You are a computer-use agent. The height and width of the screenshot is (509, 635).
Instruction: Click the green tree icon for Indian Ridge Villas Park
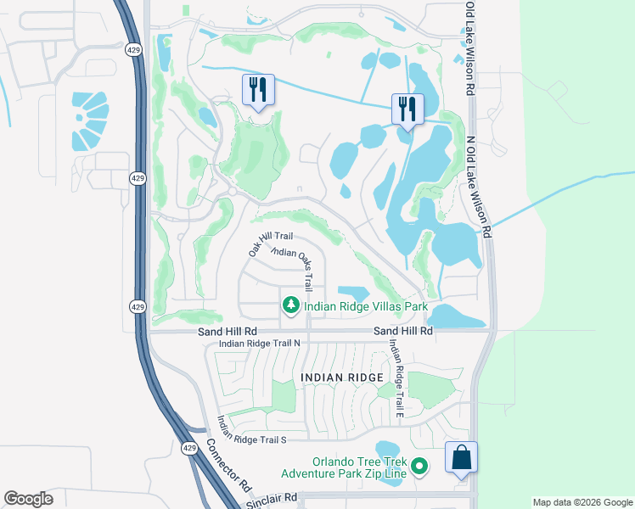click(x=290, y=305)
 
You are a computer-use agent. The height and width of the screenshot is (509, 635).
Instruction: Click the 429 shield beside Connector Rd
click(x=188, y=447)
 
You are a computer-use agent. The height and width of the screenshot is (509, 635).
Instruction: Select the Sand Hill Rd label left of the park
click(x=228, y=330)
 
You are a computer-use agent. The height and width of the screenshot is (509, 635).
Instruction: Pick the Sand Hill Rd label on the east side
click(x=403, y=330)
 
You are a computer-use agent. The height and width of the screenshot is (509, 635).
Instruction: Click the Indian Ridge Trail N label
click(x=260, y=344)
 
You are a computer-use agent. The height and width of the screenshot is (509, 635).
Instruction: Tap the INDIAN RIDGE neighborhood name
click(x=340, y=376)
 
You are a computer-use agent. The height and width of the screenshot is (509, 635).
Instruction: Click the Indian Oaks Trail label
click(x=296, y=263)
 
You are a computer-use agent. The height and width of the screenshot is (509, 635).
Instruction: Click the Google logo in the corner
click(x=29, y=499)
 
